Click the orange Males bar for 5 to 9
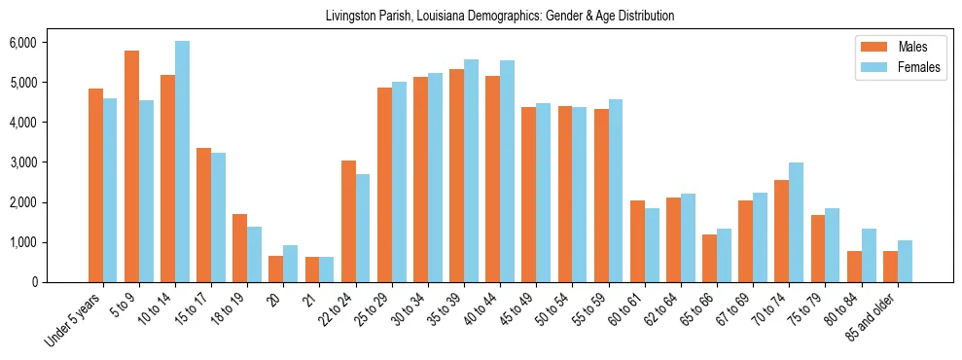tap(131, 166)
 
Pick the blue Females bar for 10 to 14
tap(182, 162)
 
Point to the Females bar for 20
tap(290, 264)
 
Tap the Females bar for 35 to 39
tap(471, 170)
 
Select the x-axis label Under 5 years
tap(74, 321)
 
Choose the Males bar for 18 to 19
tap(239, 248)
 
